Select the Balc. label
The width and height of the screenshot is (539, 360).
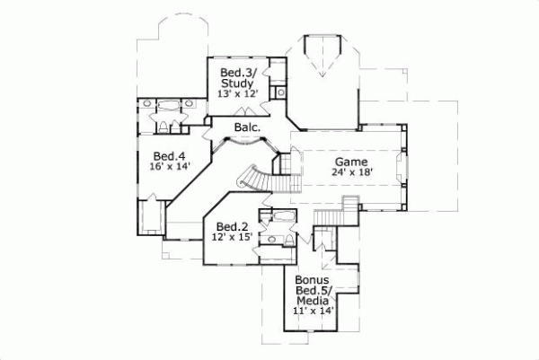248,128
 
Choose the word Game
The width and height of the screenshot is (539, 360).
351,162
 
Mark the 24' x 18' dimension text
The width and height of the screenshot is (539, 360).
351,173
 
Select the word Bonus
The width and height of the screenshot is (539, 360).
313,279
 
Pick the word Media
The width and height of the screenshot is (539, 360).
313,300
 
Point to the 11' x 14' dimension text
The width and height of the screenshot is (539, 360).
313,311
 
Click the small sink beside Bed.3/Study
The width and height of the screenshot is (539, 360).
280,91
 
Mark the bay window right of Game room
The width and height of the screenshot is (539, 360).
405,166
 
